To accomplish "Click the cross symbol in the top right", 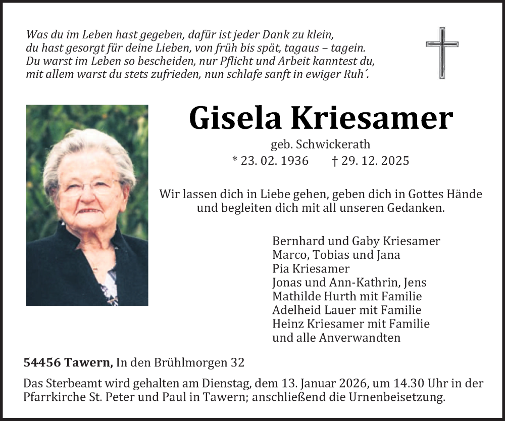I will pos(442,53).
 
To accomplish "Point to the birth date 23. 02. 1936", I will pos(270,161).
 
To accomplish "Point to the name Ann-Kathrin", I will pos(357,283).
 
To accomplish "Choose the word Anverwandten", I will pos(360,338).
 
